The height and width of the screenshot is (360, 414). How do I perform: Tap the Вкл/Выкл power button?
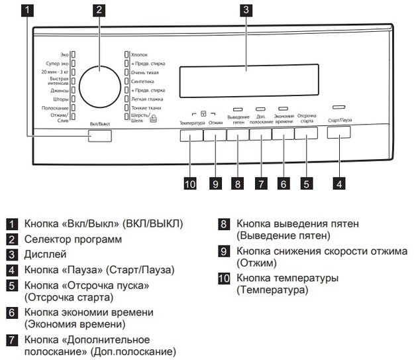(x=100, y=136)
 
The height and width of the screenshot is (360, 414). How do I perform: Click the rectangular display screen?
(x=249, y=81)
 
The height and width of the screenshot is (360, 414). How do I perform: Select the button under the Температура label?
(x=191, y=135)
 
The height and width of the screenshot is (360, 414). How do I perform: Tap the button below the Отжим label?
(x=215, y=135)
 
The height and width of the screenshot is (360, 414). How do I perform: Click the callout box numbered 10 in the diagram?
(x=190, y=184)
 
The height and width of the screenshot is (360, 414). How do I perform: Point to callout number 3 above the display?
(x=246, y=10)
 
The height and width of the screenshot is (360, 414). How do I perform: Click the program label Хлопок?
(x=139, y=55)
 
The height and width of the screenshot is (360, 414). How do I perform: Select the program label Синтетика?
(x=142, y=82)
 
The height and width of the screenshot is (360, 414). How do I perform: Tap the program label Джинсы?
(x=60, y=91)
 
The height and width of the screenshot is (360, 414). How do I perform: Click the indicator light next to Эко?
(x=74, y=55)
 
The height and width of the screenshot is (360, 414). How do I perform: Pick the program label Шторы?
(x=61, y=99)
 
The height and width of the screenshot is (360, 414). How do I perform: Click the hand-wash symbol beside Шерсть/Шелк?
(x=153, y=119)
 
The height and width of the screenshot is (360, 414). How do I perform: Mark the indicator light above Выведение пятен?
(x=238, y=109)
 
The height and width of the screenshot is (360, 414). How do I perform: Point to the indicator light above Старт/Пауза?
(x=338, y=107)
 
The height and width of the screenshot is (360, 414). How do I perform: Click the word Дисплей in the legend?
(x=45, y=255)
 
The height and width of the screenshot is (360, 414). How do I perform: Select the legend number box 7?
(x=12, y=340)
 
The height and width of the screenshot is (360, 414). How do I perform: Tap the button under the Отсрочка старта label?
(x=306, y=133)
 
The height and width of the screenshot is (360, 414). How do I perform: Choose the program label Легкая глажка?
(x=147, y=99)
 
